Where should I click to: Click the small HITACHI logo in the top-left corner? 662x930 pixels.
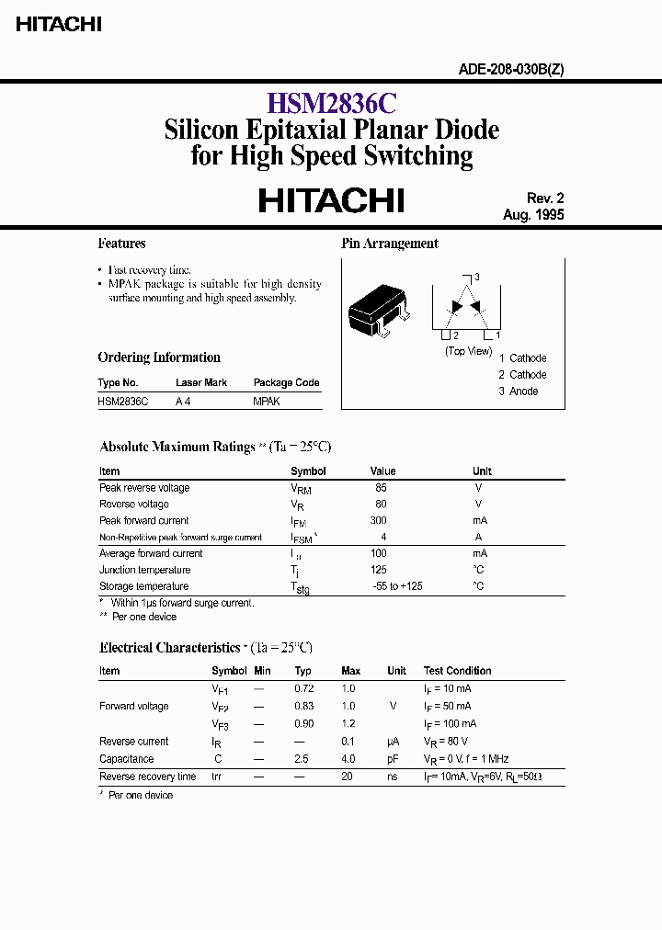tap(58, 25)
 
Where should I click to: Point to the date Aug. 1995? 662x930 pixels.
tap(533, 215)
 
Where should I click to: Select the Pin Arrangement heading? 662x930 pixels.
tap(390, 244)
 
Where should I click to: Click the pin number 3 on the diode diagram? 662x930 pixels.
tap(477, 277)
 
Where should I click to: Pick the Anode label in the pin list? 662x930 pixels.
tap(524, 391)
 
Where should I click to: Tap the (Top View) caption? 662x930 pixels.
tap(468, 351)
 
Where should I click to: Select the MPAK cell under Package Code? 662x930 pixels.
tap(267, 402)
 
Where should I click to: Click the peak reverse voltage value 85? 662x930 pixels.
tap(382, 488)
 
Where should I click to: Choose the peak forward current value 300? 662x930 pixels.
tap(380, 521)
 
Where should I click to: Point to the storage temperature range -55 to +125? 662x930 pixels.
tap(397, 586)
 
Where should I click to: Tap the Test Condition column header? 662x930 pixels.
tap(457, 671)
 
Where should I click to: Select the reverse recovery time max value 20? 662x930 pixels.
tap(348, 777)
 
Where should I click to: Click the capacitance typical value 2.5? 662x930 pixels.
tap(302, 759)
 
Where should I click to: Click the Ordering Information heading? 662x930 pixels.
tap(159, 357)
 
